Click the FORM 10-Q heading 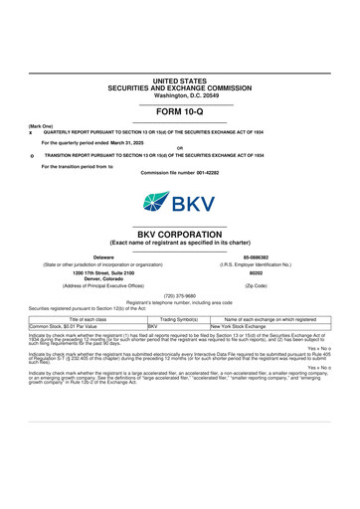(x=179, y=112)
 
